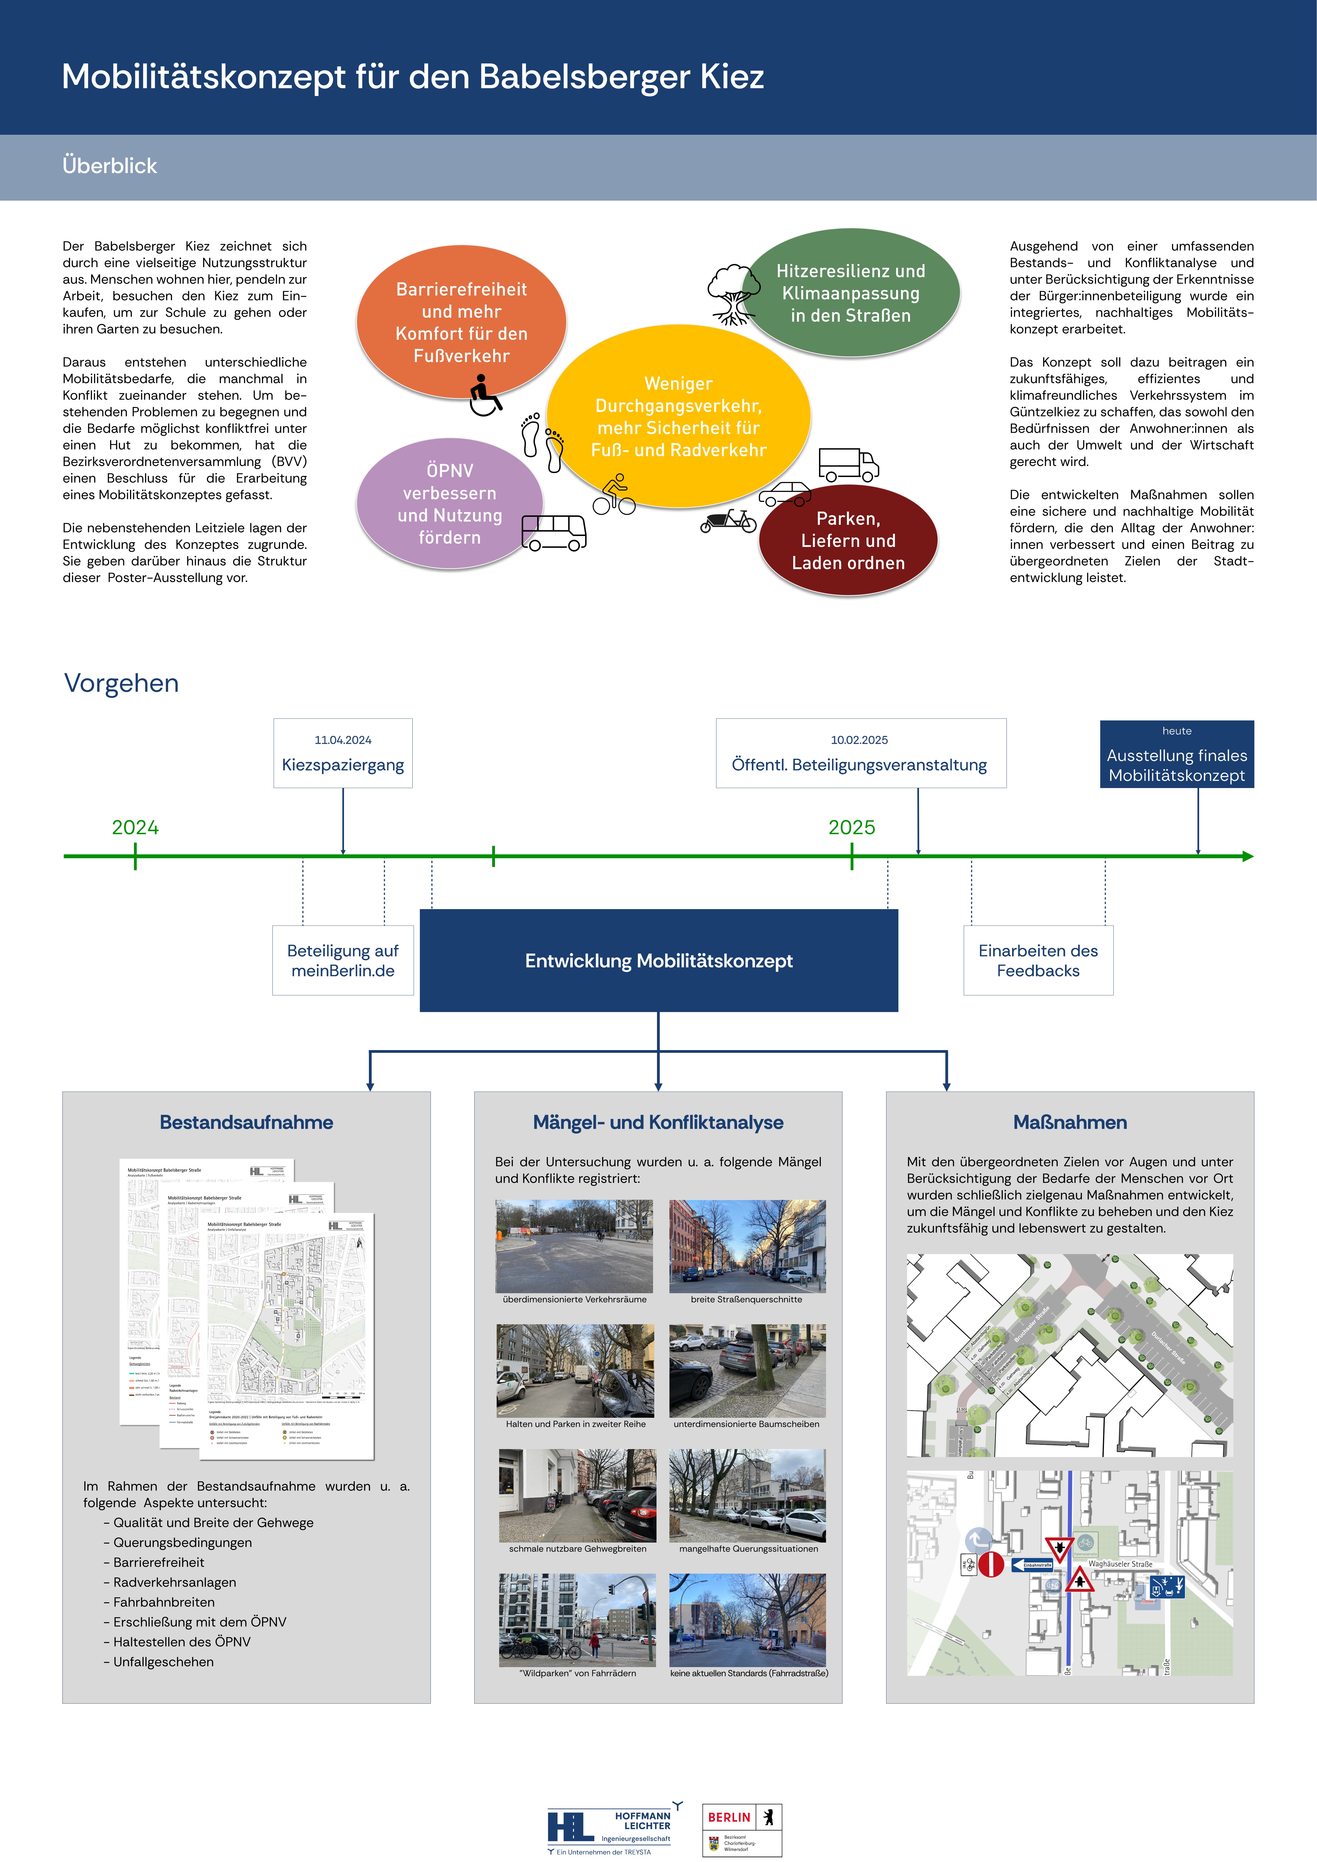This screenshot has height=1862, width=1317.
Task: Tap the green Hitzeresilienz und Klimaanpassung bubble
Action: [851, 293]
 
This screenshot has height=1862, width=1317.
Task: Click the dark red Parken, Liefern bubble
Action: [848, 540]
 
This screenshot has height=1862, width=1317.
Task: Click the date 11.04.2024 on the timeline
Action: [343, 740]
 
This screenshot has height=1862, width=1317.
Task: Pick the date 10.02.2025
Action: [860, 740]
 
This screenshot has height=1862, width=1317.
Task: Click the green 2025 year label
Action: [851, 827]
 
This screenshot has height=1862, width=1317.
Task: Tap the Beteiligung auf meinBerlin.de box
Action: [343, 960]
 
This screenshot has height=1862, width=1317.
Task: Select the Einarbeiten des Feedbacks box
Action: [1038, 960]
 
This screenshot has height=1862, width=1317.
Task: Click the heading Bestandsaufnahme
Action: [247, 1122]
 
